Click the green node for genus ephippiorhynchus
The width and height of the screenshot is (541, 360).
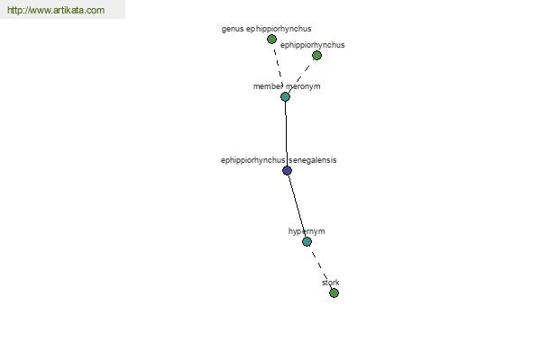(x=271, y=40)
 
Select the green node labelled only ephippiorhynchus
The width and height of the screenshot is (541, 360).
(x=316, y=56)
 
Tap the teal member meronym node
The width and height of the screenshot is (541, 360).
(x=285, y=97)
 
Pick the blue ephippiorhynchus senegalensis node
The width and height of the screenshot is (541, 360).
(x=287, y=170)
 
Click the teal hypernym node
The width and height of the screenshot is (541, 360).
(x=307, y=242)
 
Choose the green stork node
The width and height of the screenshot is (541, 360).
(x=334, y=293)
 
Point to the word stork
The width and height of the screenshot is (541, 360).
(x=331, y=283)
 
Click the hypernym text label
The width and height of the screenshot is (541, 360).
(x=307, y=231)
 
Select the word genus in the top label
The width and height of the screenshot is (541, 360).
(x=233, y=30)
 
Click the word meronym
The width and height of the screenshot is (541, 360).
(x=303, y=86)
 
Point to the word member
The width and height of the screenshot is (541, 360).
(x=268, y=86)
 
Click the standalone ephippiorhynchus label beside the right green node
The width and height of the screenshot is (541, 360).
(x=313, y=45)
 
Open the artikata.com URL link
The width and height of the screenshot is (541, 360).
(x=56, y=10)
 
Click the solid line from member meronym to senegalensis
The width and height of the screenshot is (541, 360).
(x=286, y=134)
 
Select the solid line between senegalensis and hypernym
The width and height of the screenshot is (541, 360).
(x=297, y=206)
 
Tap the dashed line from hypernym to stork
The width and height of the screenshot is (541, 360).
(x=320, y=267)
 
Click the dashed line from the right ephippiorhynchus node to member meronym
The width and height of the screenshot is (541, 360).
(x=301, y=76)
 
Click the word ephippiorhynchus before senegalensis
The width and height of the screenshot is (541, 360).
(x=252, y=160)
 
